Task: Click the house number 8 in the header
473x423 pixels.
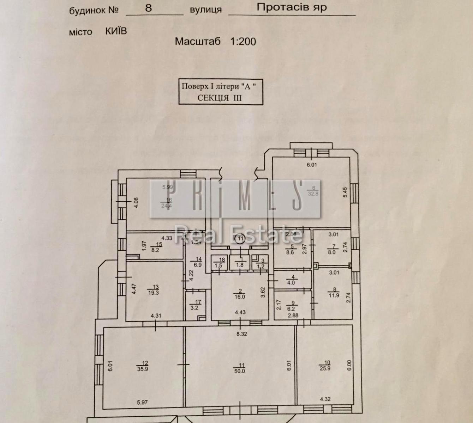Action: click(148, 8)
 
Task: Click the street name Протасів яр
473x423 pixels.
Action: click(292, 7)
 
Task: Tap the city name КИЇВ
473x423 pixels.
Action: click(116, 31)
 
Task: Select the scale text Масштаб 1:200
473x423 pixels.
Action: click(215, 41)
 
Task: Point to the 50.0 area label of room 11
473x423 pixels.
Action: click(239, 371)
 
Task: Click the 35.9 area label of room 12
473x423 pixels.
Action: click(143, 369)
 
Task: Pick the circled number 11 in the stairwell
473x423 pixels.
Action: click(240, 239)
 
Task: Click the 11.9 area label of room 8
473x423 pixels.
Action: click(334, 295)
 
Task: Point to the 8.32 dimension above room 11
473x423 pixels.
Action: click(241, 334)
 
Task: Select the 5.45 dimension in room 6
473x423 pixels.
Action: click(345, 192)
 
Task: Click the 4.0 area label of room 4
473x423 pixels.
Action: click(291, 282)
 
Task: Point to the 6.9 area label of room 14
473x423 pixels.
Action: click(197, 264)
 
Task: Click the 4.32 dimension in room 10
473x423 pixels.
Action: click(325, 399)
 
